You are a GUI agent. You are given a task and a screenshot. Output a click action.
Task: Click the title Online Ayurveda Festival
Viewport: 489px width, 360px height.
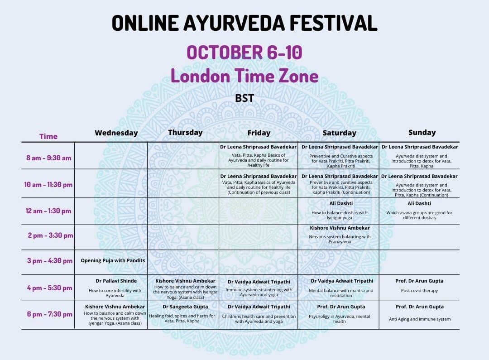pos(244,23)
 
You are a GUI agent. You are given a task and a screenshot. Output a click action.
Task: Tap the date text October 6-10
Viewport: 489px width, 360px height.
pos(244,52)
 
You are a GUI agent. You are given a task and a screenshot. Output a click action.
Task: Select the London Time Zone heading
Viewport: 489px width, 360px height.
pos(244,76)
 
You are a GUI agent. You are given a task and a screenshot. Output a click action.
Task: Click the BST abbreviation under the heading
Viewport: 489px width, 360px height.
pos(244,98)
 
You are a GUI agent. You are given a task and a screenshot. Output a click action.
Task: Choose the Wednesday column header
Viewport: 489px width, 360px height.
pos(116,133)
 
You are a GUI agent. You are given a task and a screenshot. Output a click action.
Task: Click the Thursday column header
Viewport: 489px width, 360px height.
pos(185,133)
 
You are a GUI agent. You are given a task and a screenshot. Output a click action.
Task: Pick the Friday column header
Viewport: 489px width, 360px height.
pos(259,133)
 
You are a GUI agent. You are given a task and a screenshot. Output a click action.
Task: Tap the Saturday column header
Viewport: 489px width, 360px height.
pos(339,133)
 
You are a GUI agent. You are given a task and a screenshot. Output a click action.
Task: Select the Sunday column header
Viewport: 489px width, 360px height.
pos(422,133)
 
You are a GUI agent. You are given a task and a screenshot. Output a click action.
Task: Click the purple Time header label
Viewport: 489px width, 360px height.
pos(48,136)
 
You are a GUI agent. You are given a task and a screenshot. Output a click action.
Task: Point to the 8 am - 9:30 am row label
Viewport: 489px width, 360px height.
pos(48,158)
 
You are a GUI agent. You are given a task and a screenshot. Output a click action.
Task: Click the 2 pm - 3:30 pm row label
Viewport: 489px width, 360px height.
pos(51,235)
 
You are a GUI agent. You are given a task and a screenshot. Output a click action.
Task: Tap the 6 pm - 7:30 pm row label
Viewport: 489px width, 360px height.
pos(50,314)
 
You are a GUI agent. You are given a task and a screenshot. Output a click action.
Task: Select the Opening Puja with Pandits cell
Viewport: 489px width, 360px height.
pos(113,260)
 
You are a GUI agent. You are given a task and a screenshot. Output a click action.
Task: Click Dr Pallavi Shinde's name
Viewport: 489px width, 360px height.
pos(116,281)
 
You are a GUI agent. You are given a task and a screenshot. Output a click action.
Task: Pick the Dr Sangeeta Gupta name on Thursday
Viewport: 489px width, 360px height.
pos(185,307)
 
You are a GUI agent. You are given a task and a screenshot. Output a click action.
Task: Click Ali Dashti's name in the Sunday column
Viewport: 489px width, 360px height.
pos(419,203)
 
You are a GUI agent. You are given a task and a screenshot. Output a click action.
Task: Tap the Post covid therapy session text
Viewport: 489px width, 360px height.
pos(419,290)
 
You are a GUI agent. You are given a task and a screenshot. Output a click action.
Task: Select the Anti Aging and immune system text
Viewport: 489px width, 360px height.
pos(420,319)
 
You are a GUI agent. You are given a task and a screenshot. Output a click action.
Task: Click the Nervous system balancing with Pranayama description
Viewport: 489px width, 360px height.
pos(340,239)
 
